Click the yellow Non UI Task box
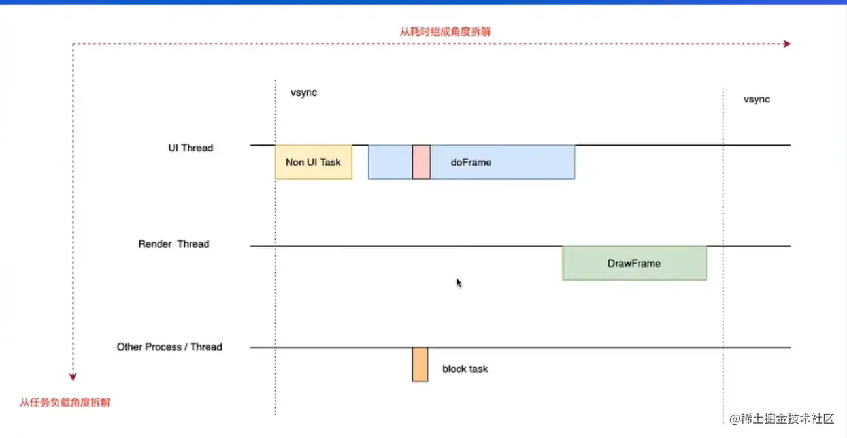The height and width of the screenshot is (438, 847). pyautogui.click(x=314, y=162)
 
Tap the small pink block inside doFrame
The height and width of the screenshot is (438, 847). pyautogui.click(x=422, y=162)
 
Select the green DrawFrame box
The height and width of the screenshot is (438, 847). pyautogui.click(x=635, y=264)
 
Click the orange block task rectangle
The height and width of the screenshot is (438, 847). pyautogui.click(x=420, y=364)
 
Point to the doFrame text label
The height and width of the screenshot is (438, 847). pyautogui.click(x=471, y=162)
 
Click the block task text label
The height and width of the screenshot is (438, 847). pyautogui.click(x=465, y=369)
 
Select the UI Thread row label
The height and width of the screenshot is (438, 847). pyautogui.click(x=190, y=148)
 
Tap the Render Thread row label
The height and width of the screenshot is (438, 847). pyautogui.click(x=173, y=244)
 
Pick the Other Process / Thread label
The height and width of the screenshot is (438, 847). pyautogui.click(x=169, y=347)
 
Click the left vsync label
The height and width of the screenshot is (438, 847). pyautogui.click(x=304, y=93)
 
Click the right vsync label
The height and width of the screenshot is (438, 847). pyautogui.click(x=757, y=99)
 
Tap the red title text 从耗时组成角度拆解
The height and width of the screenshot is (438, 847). pyautogui.click(x=444, y=31)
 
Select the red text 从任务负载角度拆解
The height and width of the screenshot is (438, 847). pyautogui.click(x=65, y=402)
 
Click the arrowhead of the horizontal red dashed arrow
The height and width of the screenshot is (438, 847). pyautogui.click(x=787, y=44)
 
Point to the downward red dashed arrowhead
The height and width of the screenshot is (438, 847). pyautogui.click(x=73, y=376)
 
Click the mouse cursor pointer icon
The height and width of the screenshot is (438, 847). pyautogui.click(x=459, y=283)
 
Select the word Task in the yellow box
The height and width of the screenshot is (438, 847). pyautogui.click(x=330, y=162)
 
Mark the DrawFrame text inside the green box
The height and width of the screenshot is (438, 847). pyautogui.click(x=634, y=264)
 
